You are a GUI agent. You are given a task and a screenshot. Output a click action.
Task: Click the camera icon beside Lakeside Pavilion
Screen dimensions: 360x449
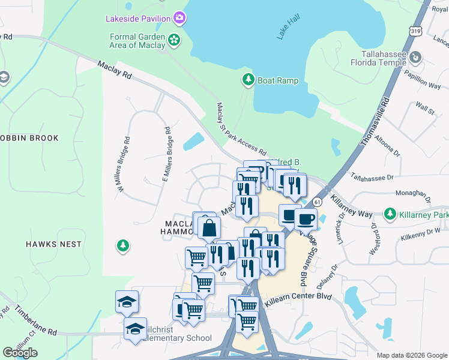pos(179,18)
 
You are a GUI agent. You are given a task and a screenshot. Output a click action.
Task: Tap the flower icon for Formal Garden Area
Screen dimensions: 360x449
pos(174,40)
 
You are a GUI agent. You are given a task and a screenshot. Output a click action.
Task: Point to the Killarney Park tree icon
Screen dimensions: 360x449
pos(391,214)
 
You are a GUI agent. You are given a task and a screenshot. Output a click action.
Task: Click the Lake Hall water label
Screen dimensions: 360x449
pos(288,28)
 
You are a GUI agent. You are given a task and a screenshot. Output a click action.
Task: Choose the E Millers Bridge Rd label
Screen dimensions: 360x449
pos(168,154)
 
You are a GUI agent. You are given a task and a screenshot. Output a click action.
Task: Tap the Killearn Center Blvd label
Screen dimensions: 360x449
pos(296,296)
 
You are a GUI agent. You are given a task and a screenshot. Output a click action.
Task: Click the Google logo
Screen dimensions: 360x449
pos(20,352)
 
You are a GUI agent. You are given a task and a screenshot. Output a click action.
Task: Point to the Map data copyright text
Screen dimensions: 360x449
pos(412,355)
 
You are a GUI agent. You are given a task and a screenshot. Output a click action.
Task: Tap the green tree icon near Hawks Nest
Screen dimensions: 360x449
pos(123,245)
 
